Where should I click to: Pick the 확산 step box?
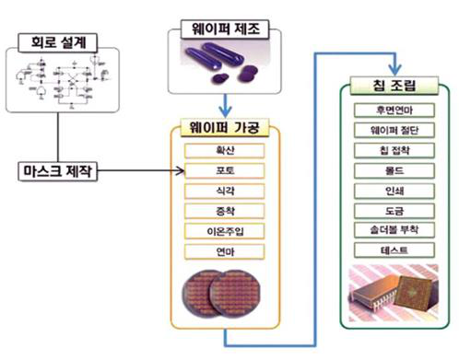[x=225, y=151]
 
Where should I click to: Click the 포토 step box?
[x=225, y=171]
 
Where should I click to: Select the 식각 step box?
[x=225, y=192]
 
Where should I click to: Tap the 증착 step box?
[x=225, y=211]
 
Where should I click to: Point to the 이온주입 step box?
[x=225, y=231]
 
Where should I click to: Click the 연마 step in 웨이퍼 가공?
[x=225, y=251]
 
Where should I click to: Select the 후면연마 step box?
[x=394, y=111]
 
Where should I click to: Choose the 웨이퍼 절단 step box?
[x=394, y=132]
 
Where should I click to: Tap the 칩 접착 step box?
[x=394, y=151]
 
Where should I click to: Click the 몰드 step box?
[x=394, y=171]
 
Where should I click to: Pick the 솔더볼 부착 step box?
[x=394, y=231]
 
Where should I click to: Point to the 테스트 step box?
[x=394, y=250]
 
